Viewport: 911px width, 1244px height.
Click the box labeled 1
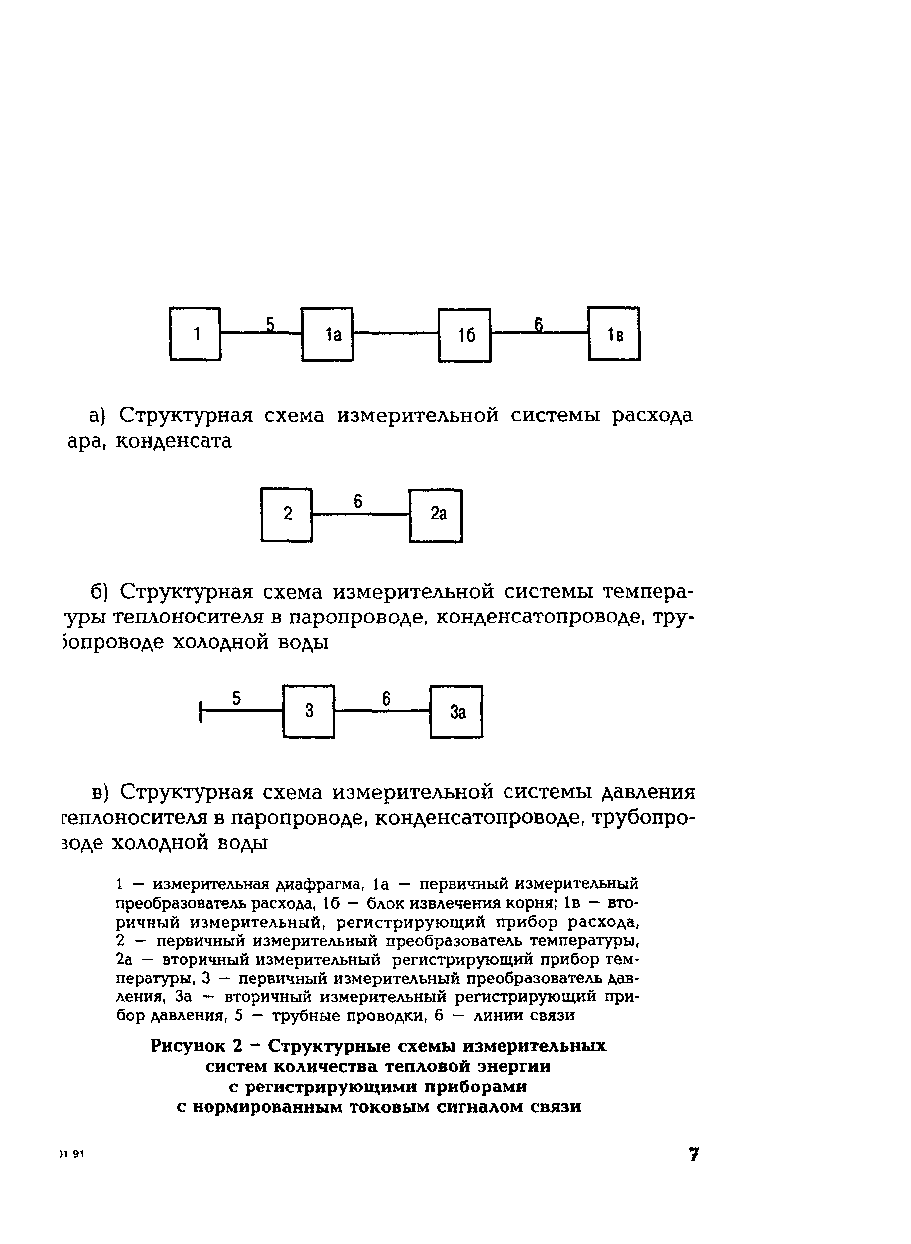(195, 334)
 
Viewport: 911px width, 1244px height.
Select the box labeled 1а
(327, 334)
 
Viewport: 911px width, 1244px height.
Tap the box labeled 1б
(464, 335)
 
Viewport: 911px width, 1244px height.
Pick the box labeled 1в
(614, 334)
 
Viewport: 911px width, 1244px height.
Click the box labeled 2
(287, 515)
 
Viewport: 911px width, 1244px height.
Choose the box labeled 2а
(436, 515)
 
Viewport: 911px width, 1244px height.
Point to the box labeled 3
(309, 711)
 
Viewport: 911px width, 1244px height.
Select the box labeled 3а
(456, 711)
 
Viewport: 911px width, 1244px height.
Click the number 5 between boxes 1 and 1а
(270, 324)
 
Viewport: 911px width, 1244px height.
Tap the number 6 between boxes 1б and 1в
(539, 325)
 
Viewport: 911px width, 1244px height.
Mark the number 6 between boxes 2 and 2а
(358, 501)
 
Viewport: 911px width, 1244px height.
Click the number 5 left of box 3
(236, 699)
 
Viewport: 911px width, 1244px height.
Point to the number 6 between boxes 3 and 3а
(386, 699)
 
